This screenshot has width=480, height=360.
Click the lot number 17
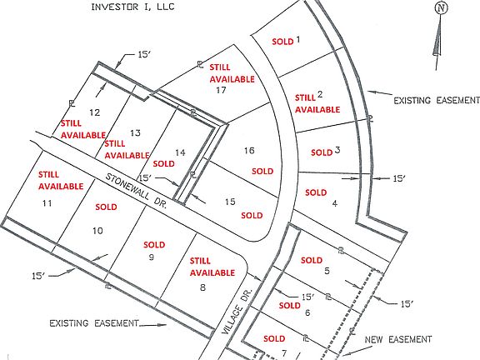click(x=221, y=90)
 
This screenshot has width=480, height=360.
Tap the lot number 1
click(x=297, y=39)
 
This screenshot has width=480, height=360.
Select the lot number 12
click(x=95, y=112)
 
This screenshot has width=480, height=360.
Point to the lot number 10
click(x=97, y=231)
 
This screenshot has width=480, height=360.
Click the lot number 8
click(x=202, y=287)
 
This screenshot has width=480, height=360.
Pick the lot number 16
click(x=249, y=150)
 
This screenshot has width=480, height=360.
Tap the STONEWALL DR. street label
click(x=136, y=191)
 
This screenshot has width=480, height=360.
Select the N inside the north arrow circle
click(x=441, y=8)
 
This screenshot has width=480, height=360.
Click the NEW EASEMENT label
click(x=398, y=339)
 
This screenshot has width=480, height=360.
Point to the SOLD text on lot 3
click(x=322, y=152)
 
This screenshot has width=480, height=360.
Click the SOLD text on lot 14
click(x=164, y=164)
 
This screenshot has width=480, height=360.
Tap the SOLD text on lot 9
click(x=154, y=245)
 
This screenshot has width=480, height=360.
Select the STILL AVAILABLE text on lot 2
click(x=317, y=104)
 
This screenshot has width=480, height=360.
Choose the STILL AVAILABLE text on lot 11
click(x=61, y=180)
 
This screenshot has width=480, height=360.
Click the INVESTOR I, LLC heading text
click(x=132, y=7)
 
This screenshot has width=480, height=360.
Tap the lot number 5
click(x=327, y=271)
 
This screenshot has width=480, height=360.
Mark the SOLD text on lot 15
click(x=252, y=216)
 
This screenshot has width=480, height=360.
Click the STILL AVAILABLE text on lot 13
click(x=127, y=149)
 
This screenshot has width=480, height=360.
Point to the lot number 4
click(x=335, y=203)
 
